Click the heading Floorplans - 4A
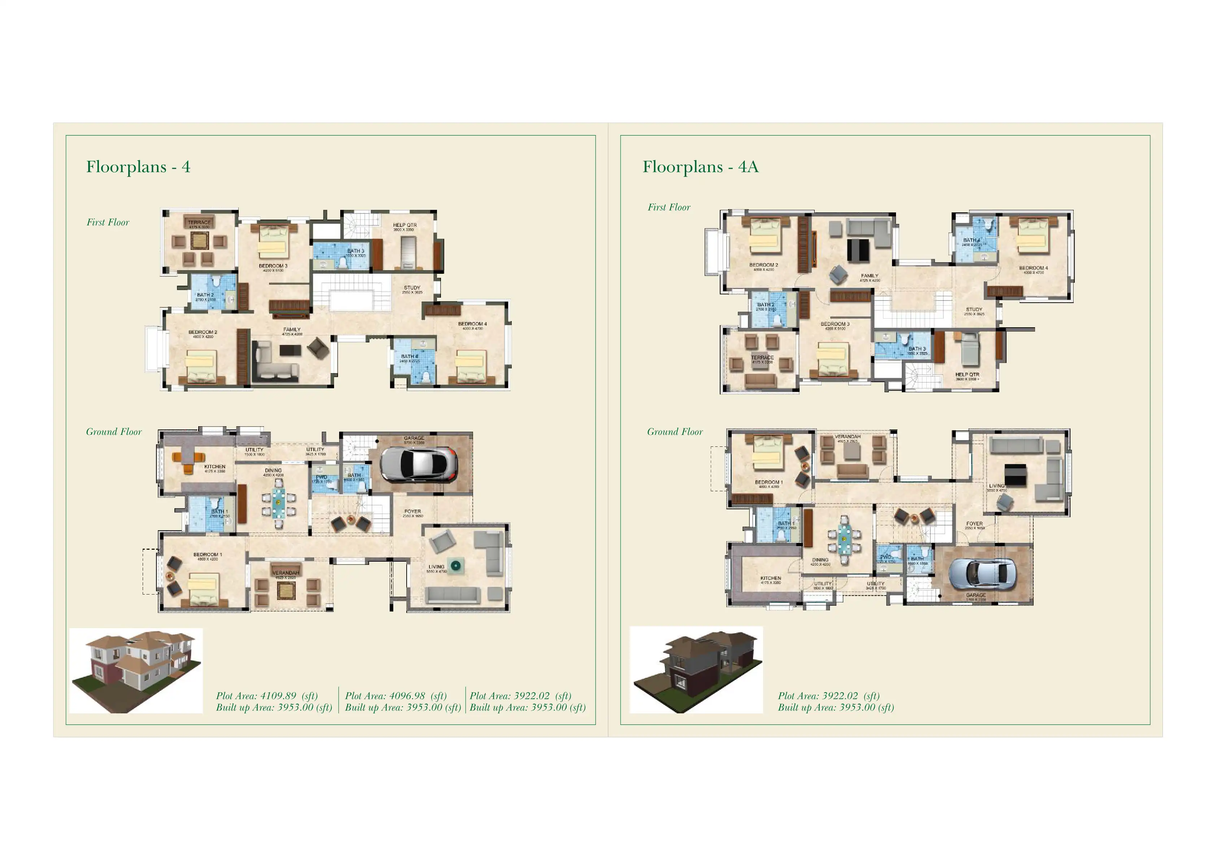coord(700,167)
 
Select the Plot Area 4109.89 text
coord(267,696)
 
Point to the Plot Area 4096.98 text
coord(395,696)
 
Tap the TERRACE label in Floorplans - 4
coord(199,222)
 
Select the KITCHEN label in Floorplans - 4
coord(215,467)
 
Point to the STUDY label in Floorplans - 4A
coord(974,309)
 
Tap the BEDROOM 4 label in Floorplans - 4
coord(472,324)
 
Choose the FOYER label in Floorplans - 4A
coord(974,524)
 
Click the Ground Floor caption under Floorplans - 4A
coord(675,432)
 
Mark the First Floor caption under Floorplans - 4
coord(108,222)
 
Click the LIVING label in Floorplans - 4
coord(436,567)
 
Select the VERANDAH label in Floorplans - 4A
coord(847,437)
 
